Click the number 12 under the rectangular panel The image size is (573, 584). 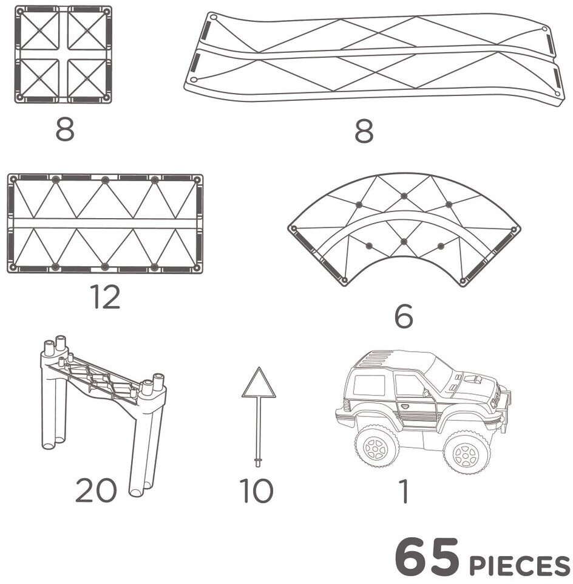[x=105, y=297]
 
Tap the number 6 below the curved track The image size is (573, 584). [x=404, y=316]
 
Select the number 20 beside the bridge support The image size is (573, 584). [x=96, y=490]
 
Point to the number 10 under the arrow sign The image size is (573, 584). [x=256, y=490]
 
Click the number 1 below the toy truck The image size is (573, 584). [x=404, y=491]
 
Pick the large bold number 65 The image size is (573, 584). [x=427, y=557]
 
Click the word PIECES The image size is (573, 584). [x=520, y=565]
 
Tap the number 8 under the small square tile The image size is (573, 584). [x=65, y=129]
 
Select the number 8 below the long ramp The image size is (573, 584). [x=364, y=131]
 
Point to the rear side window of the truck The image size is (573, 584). [x=368, y=385]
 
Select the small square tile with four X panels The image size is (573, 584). [x=63, y=54]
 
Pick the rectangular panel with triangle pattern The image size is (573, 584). [x=105, y=224]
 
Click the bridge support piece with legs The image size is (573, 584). [x=103, y=413]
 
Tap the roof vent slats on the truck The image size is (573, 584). [x=376, y=359]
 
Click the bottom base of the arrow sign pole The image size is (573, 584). [x=258, y=462]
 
